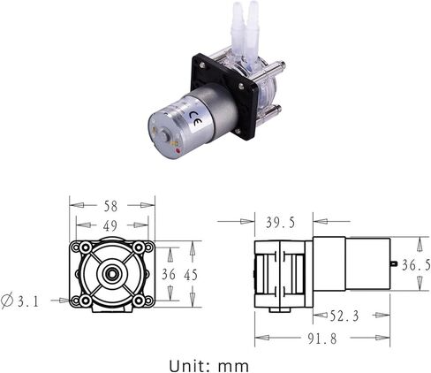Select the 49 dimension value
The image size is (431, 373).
pos(110,226)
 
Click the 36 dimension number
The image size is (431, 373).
pos(170,274)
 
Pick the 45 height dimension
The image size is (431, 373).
pos(191,274)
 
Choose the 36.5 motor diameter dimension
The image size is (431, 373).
pos(416,264)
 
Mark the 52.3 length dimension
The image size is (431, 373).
pos(344,315)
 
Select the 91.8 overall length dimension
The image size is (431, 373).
pos(321,339)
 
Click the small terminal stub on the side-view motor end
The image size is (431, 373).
pos(391,264)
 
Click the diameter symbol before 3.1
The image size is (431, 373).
pos(9,301)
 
